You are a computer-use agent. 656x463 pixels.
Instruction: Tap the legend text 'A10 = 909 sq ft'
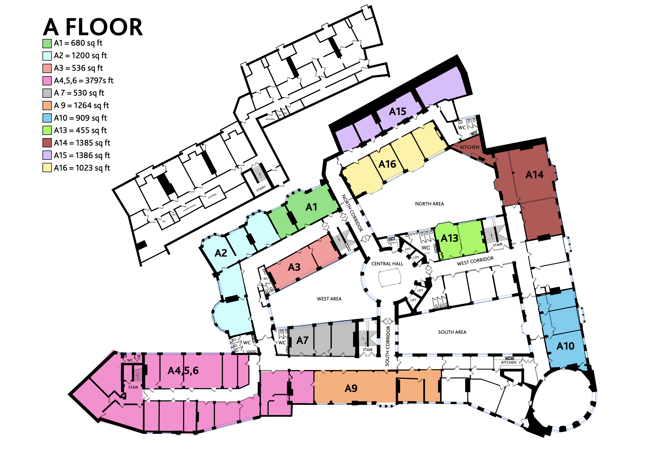[80, 118]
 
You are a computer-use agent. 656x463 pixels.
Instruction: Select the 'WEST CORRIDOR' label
[475, 261]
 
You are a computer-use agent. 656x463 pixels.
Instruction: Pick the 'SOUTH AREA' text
[452, 332]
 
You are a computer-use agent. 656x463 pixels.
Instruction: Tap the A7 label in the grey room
[302, 340]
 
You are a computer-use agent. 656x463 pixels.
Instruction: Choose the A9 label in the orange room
[351, 388]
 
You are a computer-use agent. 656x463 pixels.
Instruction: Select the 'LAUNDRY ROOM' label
[189, 208]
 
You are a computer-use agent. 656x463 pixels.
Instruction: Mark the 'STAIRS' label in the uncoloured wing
[261, 188]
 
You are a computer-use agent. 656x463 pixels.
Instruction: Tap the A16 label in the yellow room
[387, 164]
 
